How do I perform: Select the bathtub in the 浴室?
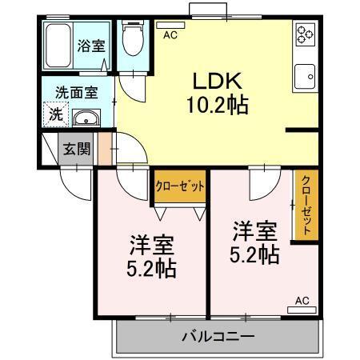58,46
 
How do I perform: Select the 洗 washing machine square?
54,114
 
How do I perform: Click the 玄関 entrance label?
78,147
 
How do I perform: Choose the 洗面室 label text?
77,92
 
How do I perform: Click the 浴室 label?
90,46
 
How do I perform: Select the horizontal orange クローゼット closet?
180,186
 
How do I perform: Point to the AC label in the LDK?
170,35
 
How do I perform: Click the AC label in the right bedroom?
302,301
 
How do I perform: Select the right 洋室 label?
254,233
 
